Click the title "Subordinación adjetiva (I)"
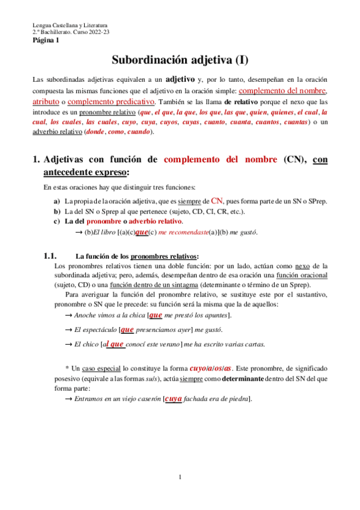pyautogui.click(x=180, y=60)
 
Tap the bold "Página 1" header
pyautogui.click(x=46, y=41)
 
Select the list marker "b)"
pyautogui.click(x=57, y=211)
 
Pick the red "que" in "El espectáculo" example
pyautogui.click(x=127, y=330)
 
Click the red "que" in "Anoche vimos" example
pyautogui.click(x=155, y=315)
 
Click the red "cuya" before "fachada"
pyautogui.click(x=173, y=398)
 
